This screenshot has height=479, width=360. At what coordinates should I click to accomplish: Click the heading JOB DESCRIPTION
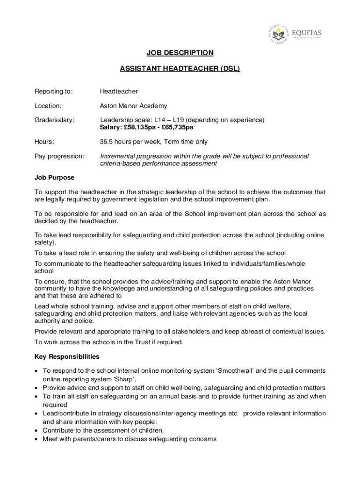pyautogui.click(x=180, y=53)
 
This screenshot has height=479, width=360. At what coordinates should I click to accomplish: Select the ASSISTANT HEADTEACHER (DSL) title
pyautogui.click(x=180, y=69)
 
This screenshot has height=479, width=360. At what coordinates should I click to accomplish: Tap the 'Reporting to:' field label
pyautogui.click(x=54, y=91)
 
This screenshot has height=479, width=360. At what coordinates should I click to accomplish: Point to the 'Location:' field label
pyautogui.click(x=48, y=106)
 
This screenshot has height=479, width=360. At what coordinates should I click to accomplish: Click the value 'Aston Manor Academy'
pyautogui.click(x=133, y=106)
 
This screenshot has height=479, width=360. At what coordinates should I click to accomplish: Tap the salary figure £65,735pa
pyautogui.click(x=178, y=127)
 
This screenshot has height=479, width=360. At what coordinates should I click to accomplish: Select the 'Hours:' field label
pyautogui.click(x=44, y=142)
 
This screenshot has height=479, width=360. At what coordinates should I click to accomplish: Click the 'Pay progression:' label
pyautogui.click(x=60, y=156)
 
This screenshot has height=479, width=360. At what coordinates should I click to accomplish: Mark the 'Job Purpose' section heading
pyautogui.click(x=54, y=178)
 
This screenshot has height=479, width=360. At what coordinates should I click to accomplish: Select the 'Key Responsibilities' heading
pyautogui.click(x=67, y=356)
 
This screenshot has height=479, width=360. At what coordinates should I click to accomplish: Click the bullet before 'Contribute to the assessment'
pyautogui.click(x=37, y=430)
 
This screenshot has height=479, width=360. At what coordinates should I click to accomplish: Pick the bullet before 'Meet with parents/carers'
pyautogui.click(x=37, y=439)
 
